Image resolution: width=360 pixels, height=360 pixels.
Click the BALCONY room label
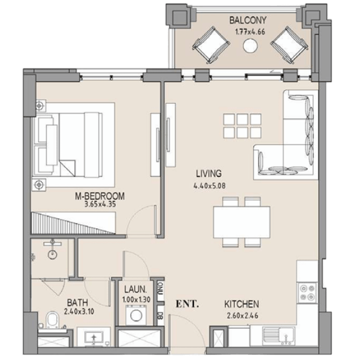(248, 20)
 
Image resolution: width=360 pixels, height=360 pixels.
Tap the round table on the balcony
(250, 45)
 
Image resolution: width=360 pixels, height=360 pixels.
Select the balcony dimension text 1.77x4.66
(250, 32)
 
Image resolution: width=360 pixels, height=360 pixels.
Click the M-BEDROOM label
(100, 196)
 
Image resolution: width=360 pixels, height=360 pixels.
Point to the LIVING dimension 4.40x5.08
(210, 185)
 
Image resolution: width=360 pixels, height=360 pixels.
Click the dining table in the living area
(242, 222)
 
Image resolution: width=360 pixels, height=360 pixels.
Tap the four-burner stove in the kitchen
(307, 292)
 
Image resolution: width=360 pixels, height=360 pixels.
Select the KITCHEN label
(242, 304)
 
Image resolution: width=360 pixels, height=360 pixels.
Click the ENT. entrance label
(187, 304)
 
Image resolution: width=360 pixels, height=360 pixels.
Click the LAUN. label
(135, 290)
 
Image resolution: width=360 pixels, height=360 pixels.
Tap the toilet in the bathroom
(53, 319)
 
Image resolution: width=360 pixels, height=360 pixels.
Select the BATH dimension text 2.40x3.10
(79, 312)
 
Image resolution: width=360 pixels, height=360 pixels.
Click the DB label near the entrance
(160, 316)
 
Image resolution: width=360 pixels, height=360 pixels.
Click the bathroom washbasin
(93, 337)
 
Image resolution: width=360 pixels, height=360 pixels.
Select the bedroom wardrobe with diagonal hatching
(73, 223)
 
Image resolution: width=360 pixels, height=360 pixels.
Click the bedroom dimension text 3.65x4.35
(100, 204)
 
